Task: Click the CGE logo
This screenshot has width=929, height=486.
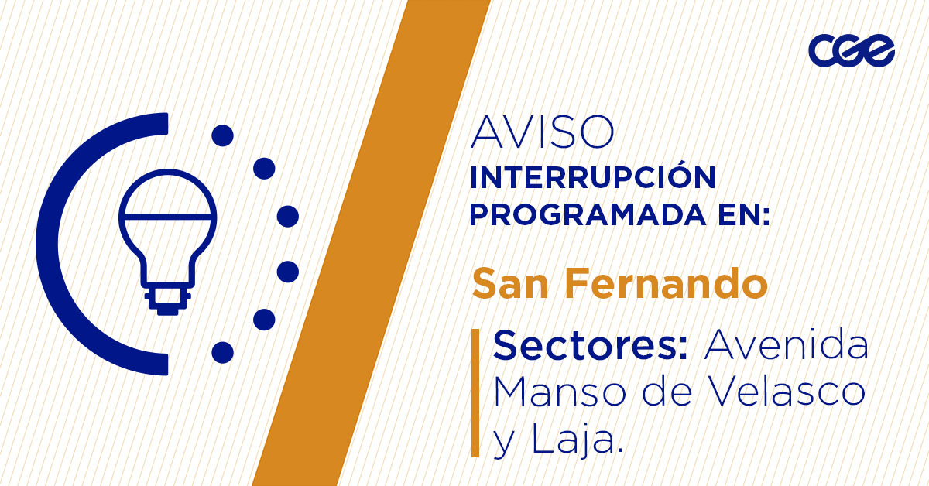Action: pos(852,50)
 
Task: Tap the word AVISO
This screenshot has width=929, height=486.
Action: pos(542,132)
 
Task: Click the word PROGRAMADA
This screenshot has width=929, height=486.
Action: pos(588,215)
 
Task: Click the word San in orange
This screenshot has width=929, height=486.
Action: pos(510,283)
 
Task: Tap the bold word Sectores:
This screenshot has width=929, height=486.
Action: pos(591,345)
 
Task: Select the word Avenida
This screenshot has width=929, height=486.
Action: pos(787,344)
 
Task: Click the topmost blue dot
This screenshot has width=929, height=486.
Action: pos(223,135)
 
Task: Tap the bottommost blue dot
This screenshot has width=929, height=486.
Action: pos(223,353)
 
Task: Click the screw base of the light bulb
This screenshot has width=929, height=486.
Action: pos(168,299)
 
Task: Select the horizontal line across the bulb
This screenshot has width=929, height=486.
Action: pos(168,217)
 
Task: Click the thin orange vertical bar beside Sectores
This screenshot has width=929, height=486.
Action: pos(475,393)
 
